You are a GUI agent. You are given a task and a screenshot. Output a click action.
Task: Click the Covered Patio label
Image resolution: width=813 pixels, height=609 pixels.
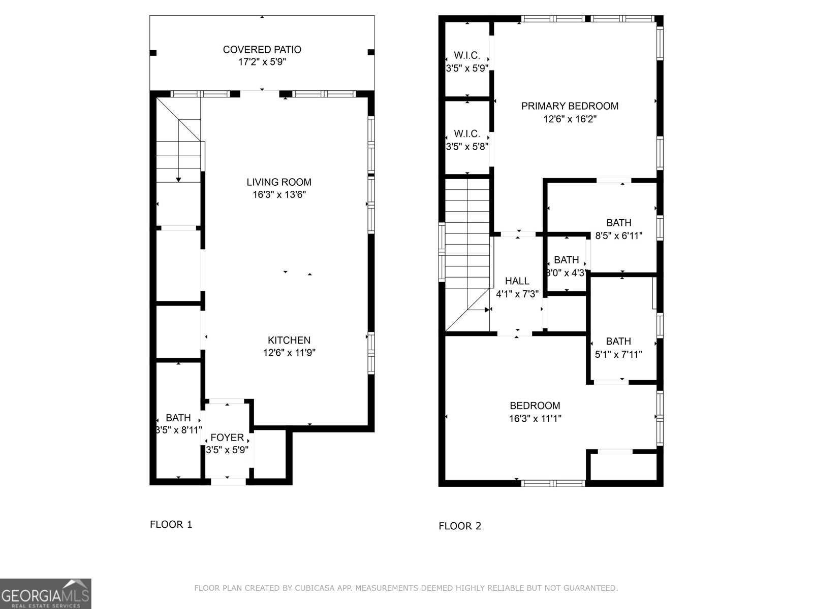(262, 50)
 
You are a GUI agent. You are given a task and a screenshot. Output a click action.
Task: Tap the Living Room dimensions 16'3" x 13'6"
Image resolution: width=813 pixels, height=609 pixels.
(279, 195)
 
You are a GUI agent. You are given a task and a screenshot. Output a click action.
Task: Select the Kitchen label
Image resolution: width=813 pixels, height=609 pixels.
(289, 341)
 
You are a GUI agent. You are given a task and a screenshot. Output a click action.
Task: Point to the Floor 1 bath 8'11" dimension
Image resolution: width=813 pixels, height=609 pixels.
(178, 430)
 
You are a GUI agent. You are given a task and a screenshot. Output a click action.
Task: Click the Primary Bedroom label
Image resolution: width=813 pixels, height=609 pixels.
(570, 106)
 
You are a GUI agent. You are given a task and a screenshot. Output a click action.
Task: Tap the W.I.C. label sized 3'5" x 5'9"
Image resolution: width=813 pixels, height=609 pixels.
(467, 56)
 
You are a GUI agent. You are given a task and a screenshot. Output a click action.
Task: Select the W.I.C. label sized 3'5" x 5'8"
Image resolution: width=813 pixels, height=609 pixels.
(467, 134)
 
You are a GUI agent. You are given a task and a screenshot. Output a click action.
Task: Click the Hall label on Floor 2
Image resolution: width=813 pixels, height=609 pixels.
(517, 281)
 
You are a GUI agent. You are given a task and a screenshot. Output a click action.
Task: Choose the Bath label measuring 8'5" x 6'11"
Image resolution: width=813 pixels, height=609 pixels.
(618, 223)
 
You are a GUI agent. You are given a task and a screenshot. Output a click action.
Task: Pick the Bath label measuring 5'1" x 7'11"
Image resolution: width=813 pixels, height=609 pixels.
(618, 342)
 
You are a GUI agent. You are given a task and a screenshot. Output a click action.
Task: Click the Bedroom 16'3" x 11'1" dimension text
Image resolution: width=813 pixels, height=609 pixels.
(535, 419)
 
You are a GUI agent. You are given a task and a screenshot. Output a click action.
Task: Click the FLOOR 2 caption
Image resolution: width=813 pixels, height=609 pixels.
(459, 526)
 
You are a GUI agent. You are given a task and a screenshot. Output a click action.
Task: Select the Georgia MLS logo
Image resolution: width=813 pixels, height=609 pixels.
(45, 593)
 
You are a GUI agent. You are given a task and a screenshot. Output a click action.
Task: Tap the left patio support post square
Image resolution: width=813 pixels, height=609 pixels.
(153, 52)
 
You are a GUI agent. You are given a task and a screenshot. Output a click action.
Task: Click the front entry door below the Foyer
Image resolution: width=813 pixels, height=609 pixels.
(228, 481)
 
